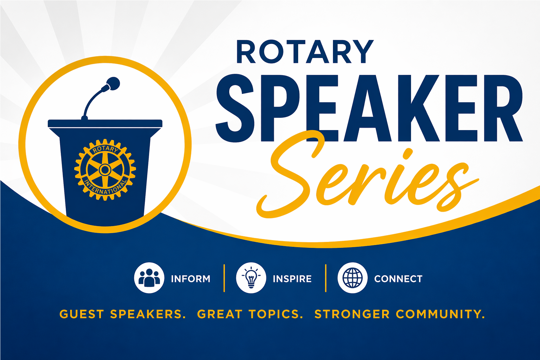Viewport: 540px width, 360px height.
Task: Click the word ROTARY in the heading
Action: click(305, 52)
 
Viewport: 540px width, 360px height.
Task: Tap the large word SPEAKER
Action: click(369, 108)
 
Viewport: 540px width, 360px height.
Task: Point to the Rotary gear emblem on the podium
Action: click(105, 169)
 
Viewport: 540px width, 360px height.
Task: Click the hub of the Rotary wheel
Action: click(105, 169)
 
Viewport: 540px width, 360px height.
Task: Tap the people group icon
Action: click(149, 278)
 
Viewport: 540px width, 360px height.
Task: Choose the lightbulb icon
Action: click(251, 278)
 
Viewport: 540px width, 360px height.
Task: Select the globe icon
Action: click(353, 278)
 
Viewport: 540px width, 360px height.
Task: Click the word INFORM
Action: click(191, 279)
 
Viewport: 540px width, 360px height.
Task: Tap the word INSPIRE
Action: click(292, 279)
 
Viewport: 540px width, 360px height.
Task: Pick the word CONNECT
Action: click(398, 279)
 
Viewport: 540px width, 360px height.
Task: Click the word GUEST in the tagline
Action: click(82, 314)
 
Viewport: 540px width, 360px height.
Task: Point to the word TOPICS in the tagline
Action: click(276, 314)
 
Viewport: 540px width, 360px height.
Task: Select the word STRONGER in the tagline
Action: click(352, 314)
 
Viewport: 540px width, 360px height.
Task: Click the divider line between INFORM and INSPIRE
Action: click(224, 278)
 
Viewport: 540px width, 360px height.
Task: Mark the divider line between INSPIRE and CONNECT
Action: click(326, 278)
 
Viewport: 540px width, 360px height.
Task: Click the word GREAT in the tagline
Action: click(220, 314)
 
